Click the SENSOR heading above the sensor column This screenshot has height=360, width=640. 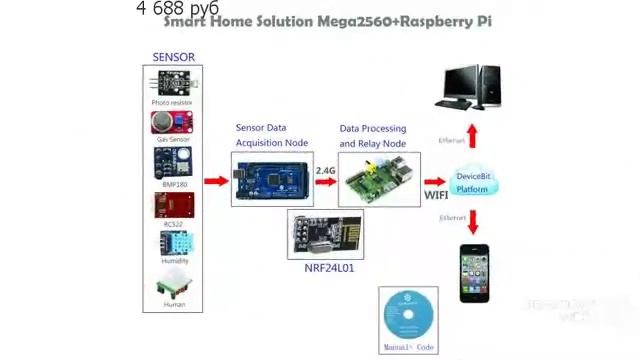point(173,57)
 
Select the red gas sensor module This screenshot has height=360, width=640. point(172,121)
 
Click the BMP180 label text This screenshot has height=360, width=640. point(174,184)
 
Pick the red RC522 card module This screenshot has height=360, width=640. point(173,204)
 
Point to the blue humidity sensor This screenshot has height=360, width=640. point(173,242)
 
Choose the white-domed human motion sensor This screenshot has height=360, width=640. point(173,285)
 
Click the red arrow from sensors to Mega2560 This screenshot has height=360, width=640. point(216,181)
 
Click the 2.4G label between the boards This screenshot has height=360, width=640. point(326,171)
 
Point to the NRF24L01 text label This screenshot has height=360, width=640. point(329,268)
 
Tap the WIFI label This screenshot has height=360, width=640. point(436,195)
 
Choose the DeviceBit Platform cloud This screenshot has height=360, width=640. point(473,181)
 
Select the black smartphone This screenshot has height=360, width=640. point(474,272)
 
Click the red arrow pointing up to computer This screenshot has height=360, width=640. point(473,135)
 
